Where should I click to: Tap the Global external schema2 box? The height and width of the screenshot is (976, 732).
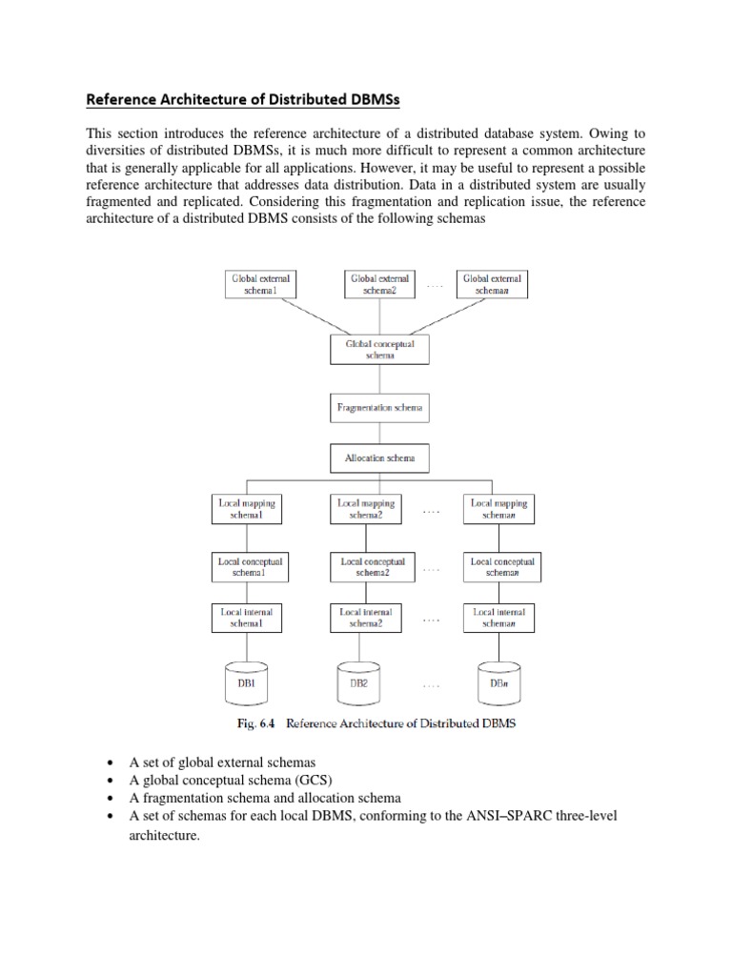pyautogui.click(x=378, y=283)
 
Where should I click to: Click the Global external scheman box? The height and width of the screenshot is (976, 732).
pyautogui.click(x=493, y=283)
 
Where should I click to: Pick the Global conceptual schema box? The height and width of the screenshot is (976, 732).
pyautogui.click(x=379, y=349)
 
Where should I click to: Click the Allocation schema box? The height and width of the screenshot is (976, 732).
pyautogui.click(x=379, y=458)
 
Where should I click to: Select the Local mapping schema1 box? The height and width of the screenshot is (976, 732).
pyautogui.click(x=247, y=509)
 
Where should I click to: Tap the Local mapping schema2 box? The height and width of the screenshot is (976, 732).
pyautogui.click(x=367, y=509)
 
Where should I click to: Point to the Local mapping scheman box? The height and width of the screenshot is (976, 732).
pyautogui.click(x=498, y=509)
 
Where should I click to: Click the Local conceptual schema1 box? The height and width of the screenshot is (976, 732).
pyautogui.click(x=251, y=568)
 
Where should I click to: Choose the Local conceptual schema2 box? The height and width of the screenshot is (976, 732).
pyautogui.click(x=373, y=568)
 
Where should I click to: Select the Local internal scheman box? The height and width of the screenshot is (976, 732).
pyautogui.click(x=498, y=617)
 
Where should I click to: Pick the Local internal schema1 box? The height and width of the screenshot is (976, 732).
pyautogui.click(x=247, y=617)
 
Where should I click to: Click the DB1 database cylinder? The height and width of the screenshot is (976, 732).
pyautogui.click(x=247, y=682)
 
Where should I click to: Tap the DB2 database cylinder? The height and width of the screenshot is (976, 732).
pyautogui.click(x=358, y=682)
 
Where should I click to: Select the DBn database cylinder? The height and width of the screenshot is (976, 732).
pyautogui.click(x=498, y=682)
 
